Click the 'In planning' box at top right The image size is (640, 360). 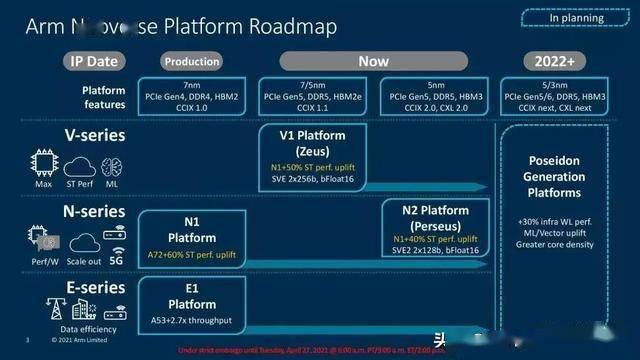[x=574, y=17]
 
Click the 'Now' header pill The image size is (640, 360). [x=373, y=60]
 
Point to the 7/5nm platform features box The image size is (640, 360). [x=312, y=93]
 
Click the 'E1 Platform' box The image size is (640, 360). [x=191, y=300]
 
